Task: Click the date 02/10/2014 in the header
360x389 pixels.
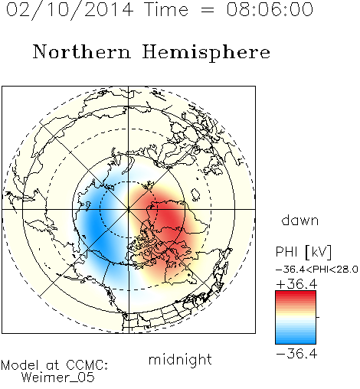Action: tap(70, 10)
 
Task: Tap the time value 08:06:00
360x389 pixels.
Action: tap(270, 9)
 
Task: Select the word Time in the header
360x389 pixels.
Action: tap(166, 9)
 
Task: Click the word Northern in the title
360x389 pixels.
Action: tap(82, 51)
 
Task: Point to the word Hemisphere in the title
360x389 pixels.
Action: tap(206, 53)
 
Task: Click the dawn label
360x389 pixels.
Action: tap(300, 220)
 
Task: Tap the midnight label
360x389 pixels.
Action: tap(180, 359)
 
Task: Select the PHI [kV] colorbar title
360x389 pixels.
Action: tap(303, 252)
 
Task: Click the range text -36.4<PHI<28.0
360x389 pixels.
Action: tap(317, 270)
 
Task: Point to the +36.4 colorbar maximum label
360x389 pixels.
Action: tap(296, 284)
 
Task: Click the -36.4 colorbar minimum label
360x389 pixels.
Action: tap(296, 354)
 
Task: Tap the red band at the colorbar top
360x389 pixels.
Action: tap(296, 295)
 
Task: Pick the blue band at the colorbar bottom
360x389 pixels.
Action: tap(296, 340)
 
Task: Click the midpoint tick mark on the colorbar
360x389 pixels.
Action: tap(318, 317)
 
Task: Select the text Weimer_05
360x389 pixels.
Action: tap(58, 378)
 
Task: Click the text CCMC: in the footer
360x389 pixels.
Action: tap(87, 365)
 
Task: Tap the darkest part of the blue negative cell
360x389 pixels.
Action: tap(95, 224)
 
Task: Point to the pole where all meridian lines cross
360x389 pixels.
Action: tap(129, 209)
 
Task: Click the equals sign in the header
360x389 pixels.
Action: tap(207, 10)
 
